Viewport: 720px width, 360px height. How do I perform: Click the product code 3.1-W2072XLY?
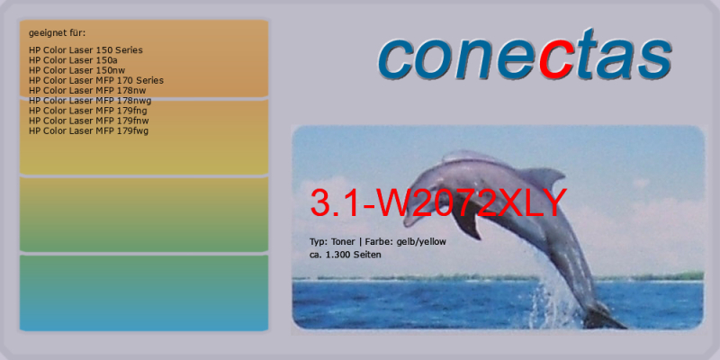438,202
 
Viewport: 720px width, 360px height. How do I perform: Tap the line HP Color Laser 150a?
70,60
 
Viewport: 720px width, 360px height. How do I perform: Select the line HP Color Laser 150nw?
76,70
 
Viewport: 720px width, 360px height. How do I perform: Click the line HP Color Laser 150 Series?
85,50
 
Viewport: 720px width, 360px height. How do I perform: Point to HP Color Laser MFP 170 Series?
96,80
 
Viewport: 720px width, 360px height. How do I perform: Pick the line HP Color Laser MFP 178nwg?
90,101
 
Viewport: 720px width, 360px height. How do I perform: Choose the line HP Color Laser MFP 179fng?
87,111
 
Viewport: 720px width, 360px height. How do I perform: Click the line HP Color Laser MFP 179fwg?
88,130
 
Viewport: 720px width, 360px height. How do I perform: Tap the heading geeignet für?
57,33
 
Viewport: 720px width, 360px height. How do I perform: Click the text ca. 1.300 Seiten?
346,255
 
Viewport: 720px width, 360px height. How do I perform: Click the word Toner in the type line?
342,242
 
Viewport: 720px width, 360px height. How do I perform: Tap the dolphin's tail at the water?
604,317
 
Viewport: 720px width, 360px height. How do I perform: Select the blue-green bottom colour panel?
144,293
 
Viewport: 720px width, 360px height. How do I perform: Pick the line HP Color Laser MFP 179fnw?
88,121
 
